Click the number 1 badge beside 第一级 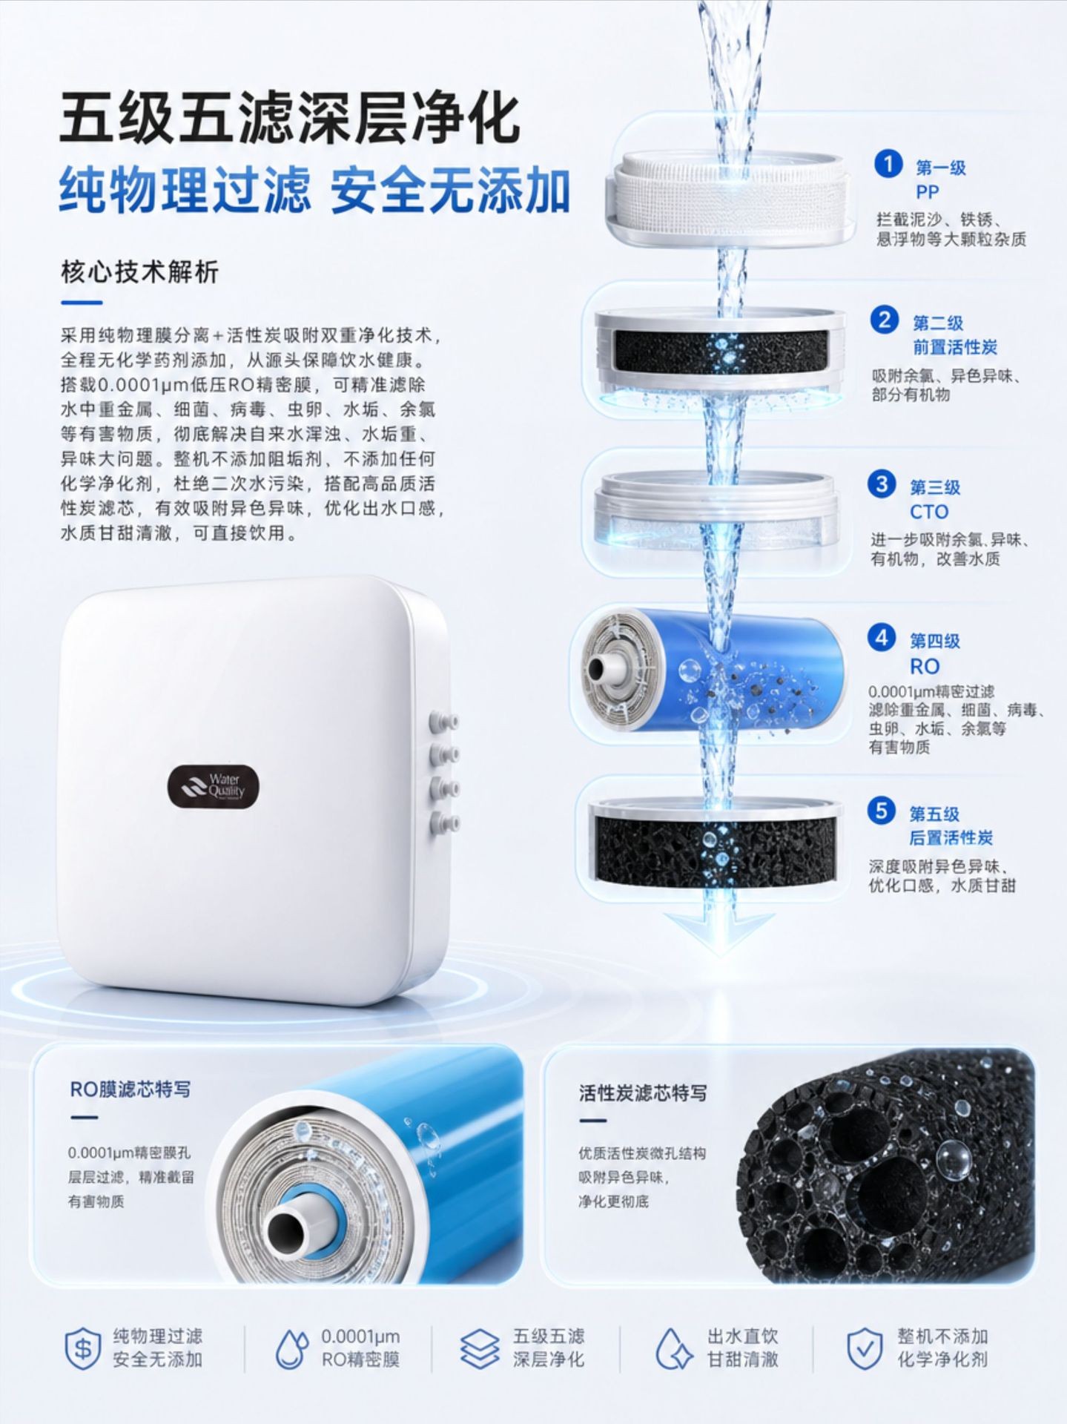888,165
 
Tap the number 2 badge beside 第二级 885,320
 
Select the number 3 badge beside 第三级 882,484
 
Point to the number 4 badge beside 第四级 882,638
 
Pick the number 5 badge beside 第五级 882,811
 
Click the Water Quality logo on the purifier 214,785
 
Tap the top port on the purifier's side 442,720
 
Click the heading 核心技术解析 139,272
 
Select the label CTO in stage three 929,512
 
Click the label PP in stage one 928,192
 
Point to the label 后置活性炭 951,838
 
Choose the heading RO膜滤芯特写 131,1089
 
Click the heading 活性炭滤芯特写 643,1092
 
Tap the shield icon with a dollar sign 83,1347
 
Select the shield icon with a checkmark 865,1348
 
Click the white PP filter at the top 730,197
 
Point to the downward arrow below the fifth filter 719,932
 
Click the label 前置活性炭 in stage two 955,347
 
